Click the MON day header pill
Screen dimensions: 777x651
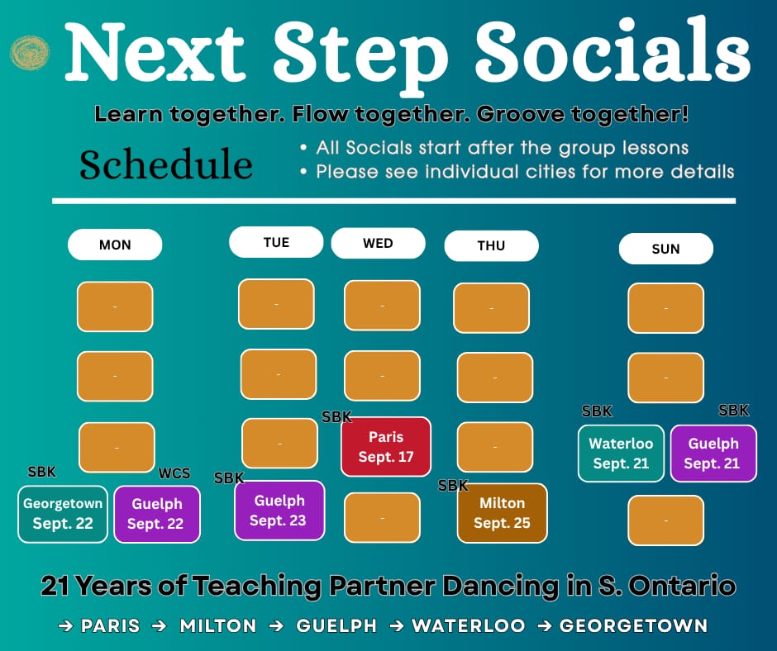pos(115,245)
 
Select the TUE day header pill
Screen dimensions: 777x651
pos(276,242)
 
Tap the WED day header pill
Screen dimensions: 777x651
pos(378,243)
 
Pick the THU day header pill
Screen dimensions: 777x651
pos(492,245)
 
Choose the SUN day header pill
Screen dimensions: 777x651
pos(666,248)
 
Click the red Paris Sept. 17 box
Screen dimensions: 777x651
pos(386,446)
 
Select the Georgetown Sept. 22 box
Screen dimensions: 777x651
pos(63,514)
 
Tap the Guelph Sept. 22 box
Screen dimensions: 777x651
pos(157,514)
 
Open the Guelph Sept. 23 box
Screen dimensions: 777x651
pos(279,511)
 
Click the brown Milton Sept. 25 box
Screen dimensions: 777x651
pos(502,513)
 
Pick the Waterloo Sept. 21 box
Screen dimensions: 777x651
pos(621,453)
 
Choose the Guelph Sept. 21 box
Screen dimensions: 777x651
pos(713,453)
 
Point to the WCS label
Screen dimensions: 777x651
pos(174,473)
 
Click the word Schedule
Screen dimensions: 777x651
pos(166,164)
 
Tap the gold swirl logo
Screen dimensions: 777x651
pos(30,53)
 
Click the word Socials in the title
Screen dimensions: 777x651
pos(613,51)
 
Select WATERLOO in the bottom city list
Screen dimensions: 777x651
pos(469,625)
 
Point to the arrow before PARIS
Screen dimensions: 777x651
pos(65,625)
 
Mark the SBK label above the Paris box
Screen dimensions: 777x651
pos(337,416)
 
